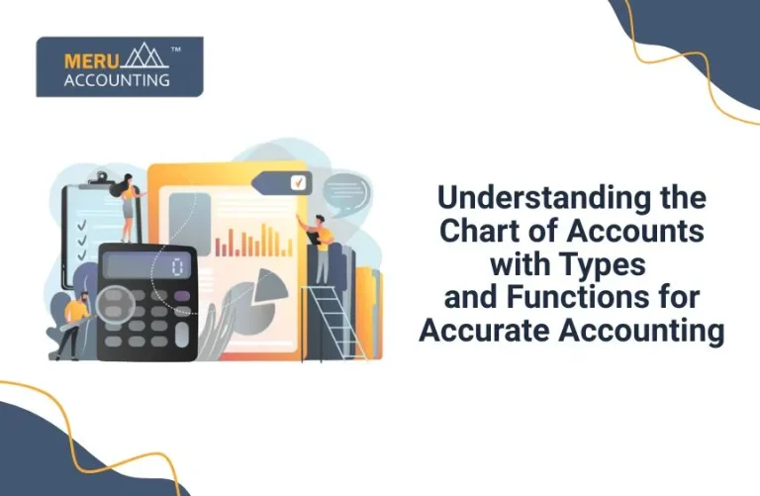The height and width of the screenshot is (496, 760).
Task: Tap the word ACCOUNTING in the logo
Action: (117, 80)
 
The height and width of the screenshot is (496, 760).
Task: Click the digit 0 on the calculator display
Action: (177, 266)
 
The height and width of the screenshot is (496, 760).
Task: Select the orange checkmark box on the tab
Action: (298, 182)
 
